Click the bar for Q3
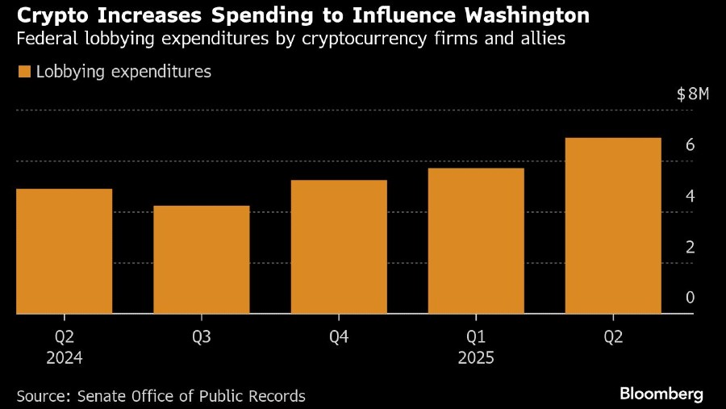(202, 260)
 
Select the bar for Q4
(339, 247)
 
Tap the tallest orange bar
(613, 226)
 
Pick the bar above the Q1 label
(476, 240)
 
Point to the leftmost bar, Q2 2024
(64, 251)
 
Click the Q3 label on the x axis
(202, 337)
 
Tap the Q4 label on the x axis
(339, 337)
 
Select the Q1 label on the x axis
(476, 337)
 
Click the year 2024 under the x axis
(64, 357)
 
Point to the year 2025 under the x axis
(476, 357)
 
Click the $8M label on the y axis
(692, 94)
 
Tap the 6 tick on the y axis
(690, 145)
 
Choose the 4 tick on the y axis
(690, 196)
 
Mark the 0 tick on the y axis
(690, 298)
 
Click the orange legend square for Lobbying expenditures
(24, 73)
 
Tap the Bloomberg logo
(661, 394)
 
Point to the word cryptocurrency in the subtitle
(349, 39)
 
